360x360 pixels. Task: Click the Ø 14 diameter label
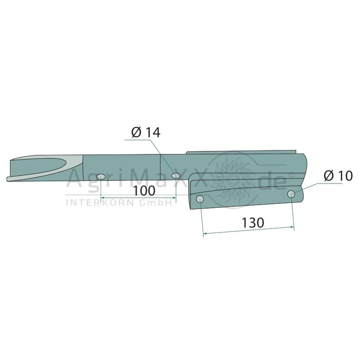coord(146,133)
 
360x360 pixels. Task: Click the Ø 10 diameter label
coord(338,177)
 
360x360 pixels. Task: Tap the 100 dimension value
coord(144,191)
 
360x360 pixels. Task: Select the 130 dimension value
coord(253,223)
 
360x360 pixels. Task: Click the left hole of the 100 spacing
coord(101,177)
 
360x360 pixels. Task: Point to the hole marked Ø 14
coord(176,176)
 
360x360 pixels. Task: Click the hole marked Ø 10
coord(291,194)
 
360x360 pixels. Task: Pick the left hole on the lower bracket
coord(200,199)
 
